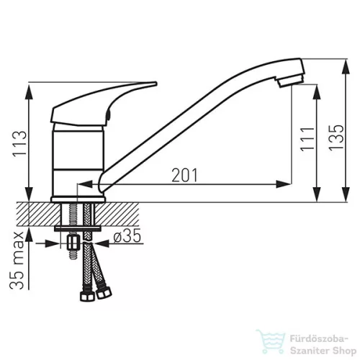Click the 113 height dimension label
[x=19, y=144]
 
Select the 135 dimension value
[x=336, y=138]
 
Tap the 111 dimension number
[x=307, y=139]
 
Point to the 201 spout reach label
[x=184, y=175]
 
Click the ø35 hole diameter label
[x=127, y=235]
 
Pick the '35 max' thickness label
[x=17, y=260]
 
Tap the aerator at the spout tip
[x=290, y=81]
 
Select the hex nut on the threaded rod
[x=73, y=243]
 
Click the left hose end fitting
[x=87, y=296]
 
